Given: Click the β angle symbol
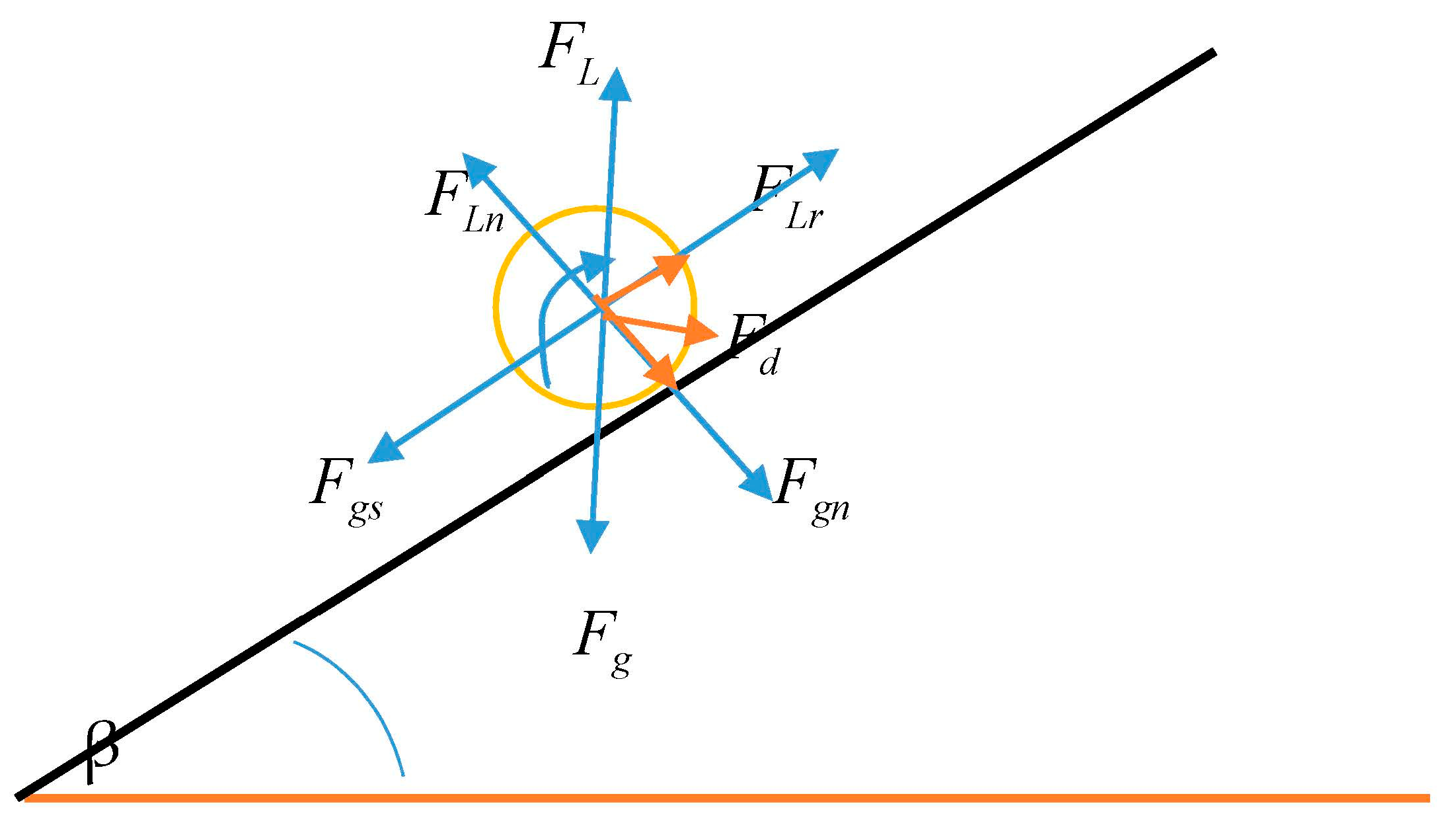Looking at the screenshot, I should tap(102, 750).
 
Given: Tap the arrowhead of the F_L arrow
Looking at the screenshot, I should tap(615, 85).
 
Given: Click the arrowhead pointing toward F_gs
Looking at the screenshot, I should tap(384, 450).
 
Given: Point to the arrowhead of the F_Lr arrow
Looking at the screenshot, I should tap(821, 161).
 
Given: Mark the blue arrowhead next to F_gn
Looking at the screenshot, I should tap(757, 482).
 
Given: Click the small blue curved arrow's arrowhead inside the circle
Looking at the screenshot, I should tap(596, 263).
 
